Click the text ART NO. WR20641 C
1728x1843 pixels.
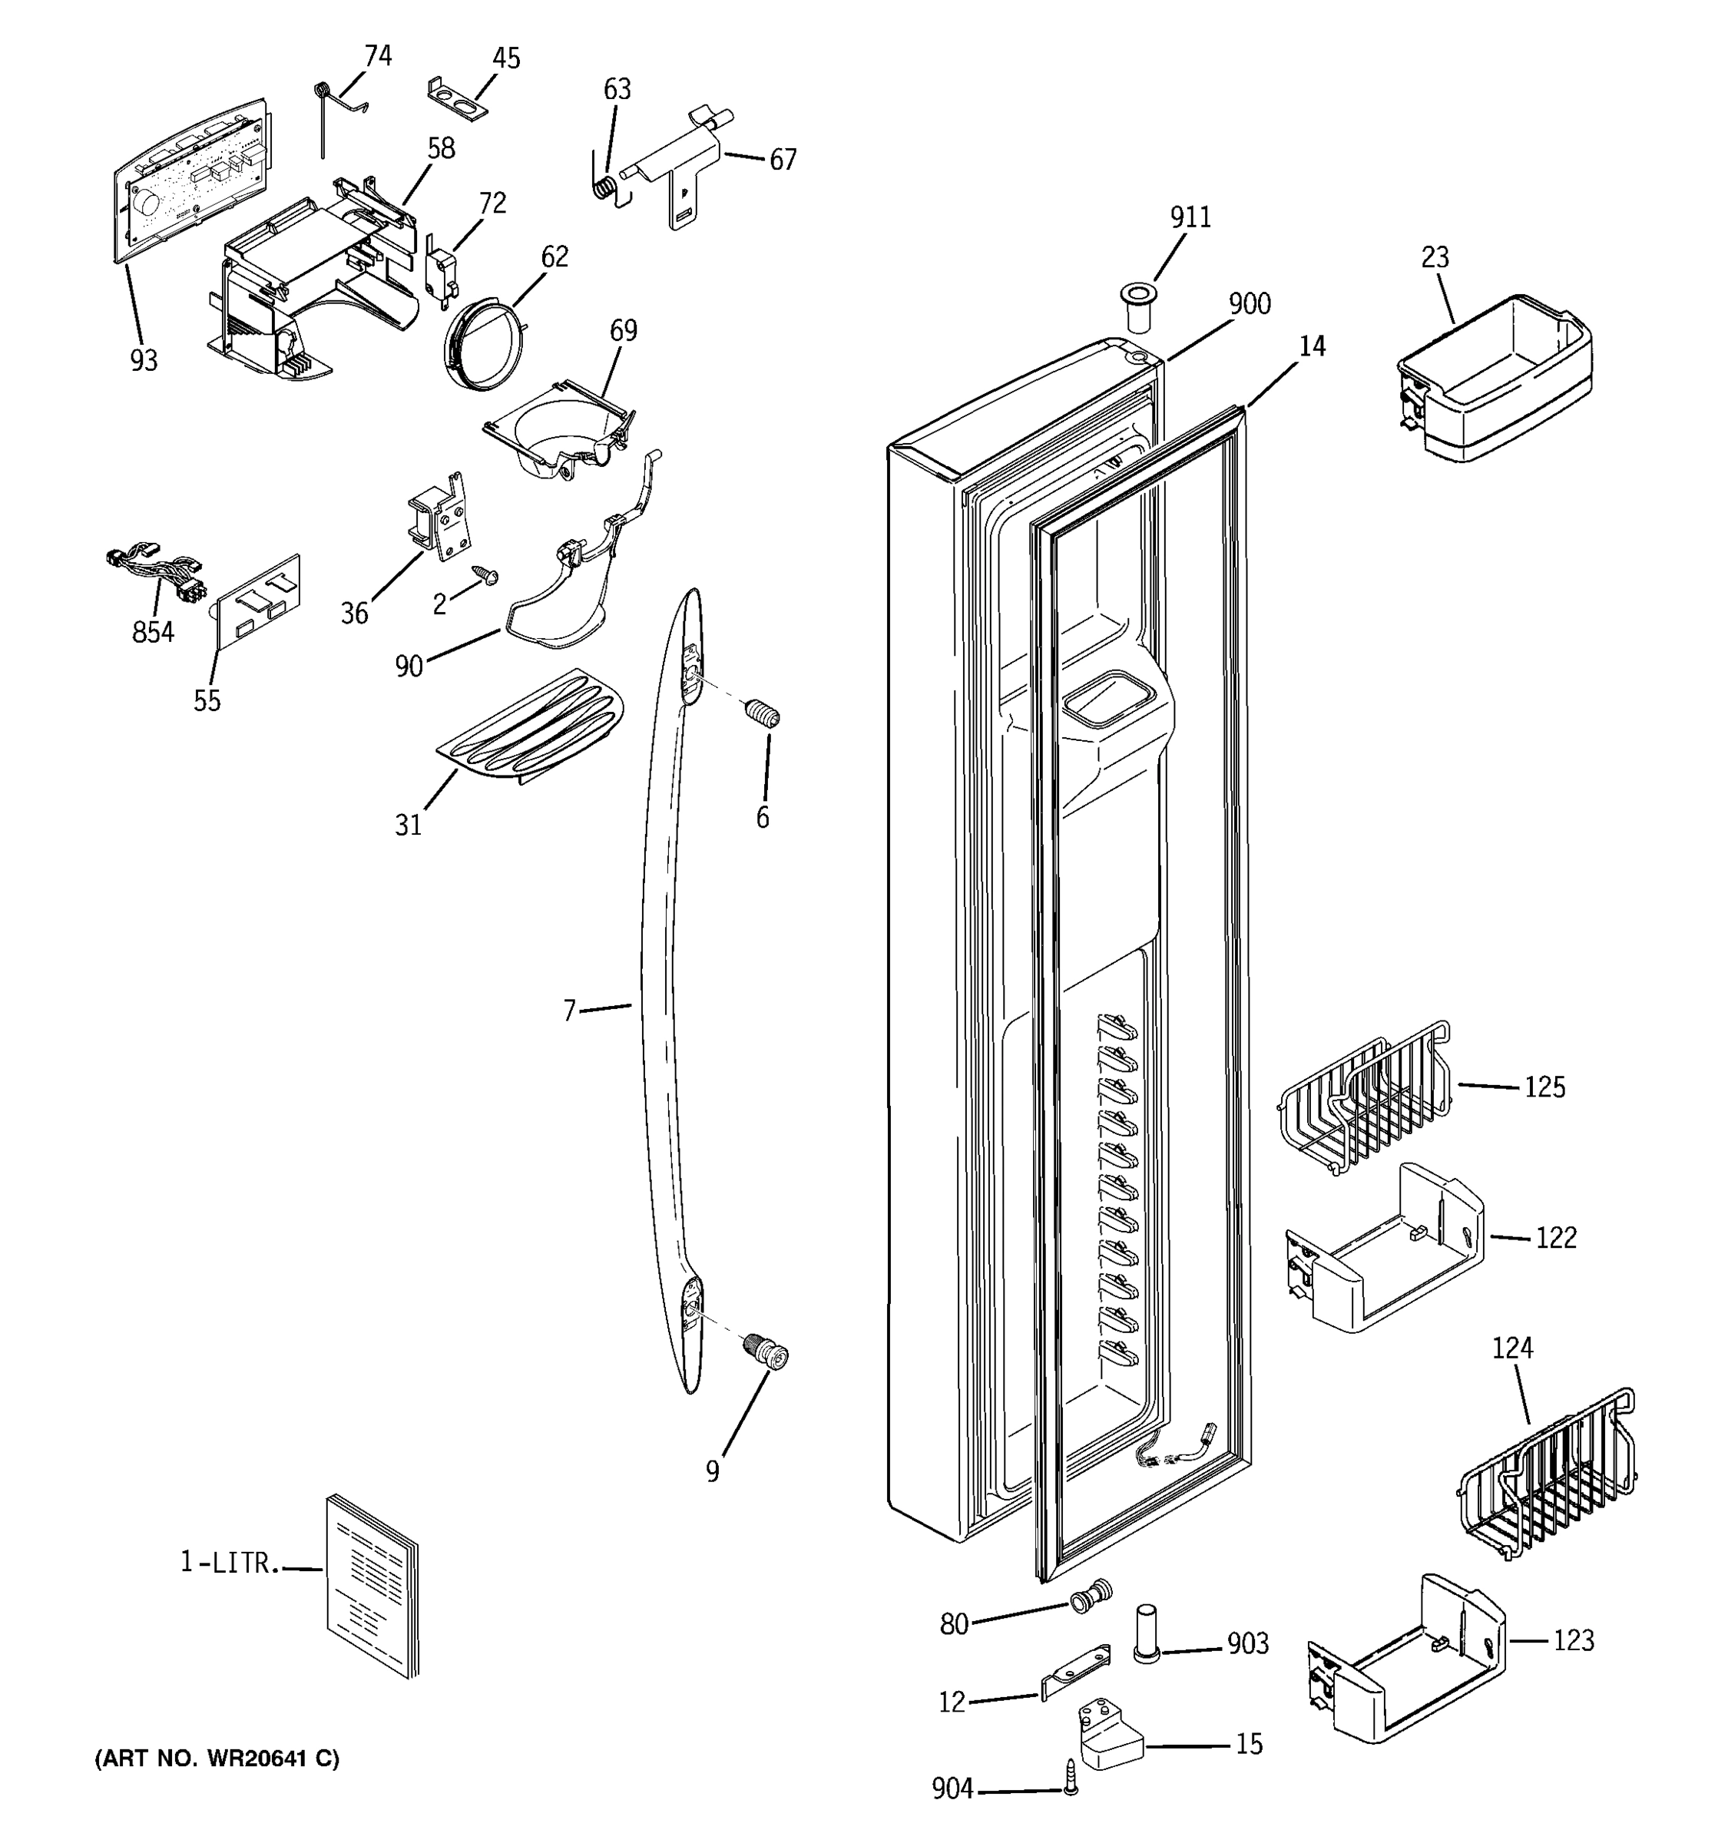(217, 1759)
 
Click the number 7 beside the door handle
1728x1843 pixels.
(569, 1011)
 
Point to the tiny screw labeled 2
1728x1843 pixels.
(485, 576)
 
